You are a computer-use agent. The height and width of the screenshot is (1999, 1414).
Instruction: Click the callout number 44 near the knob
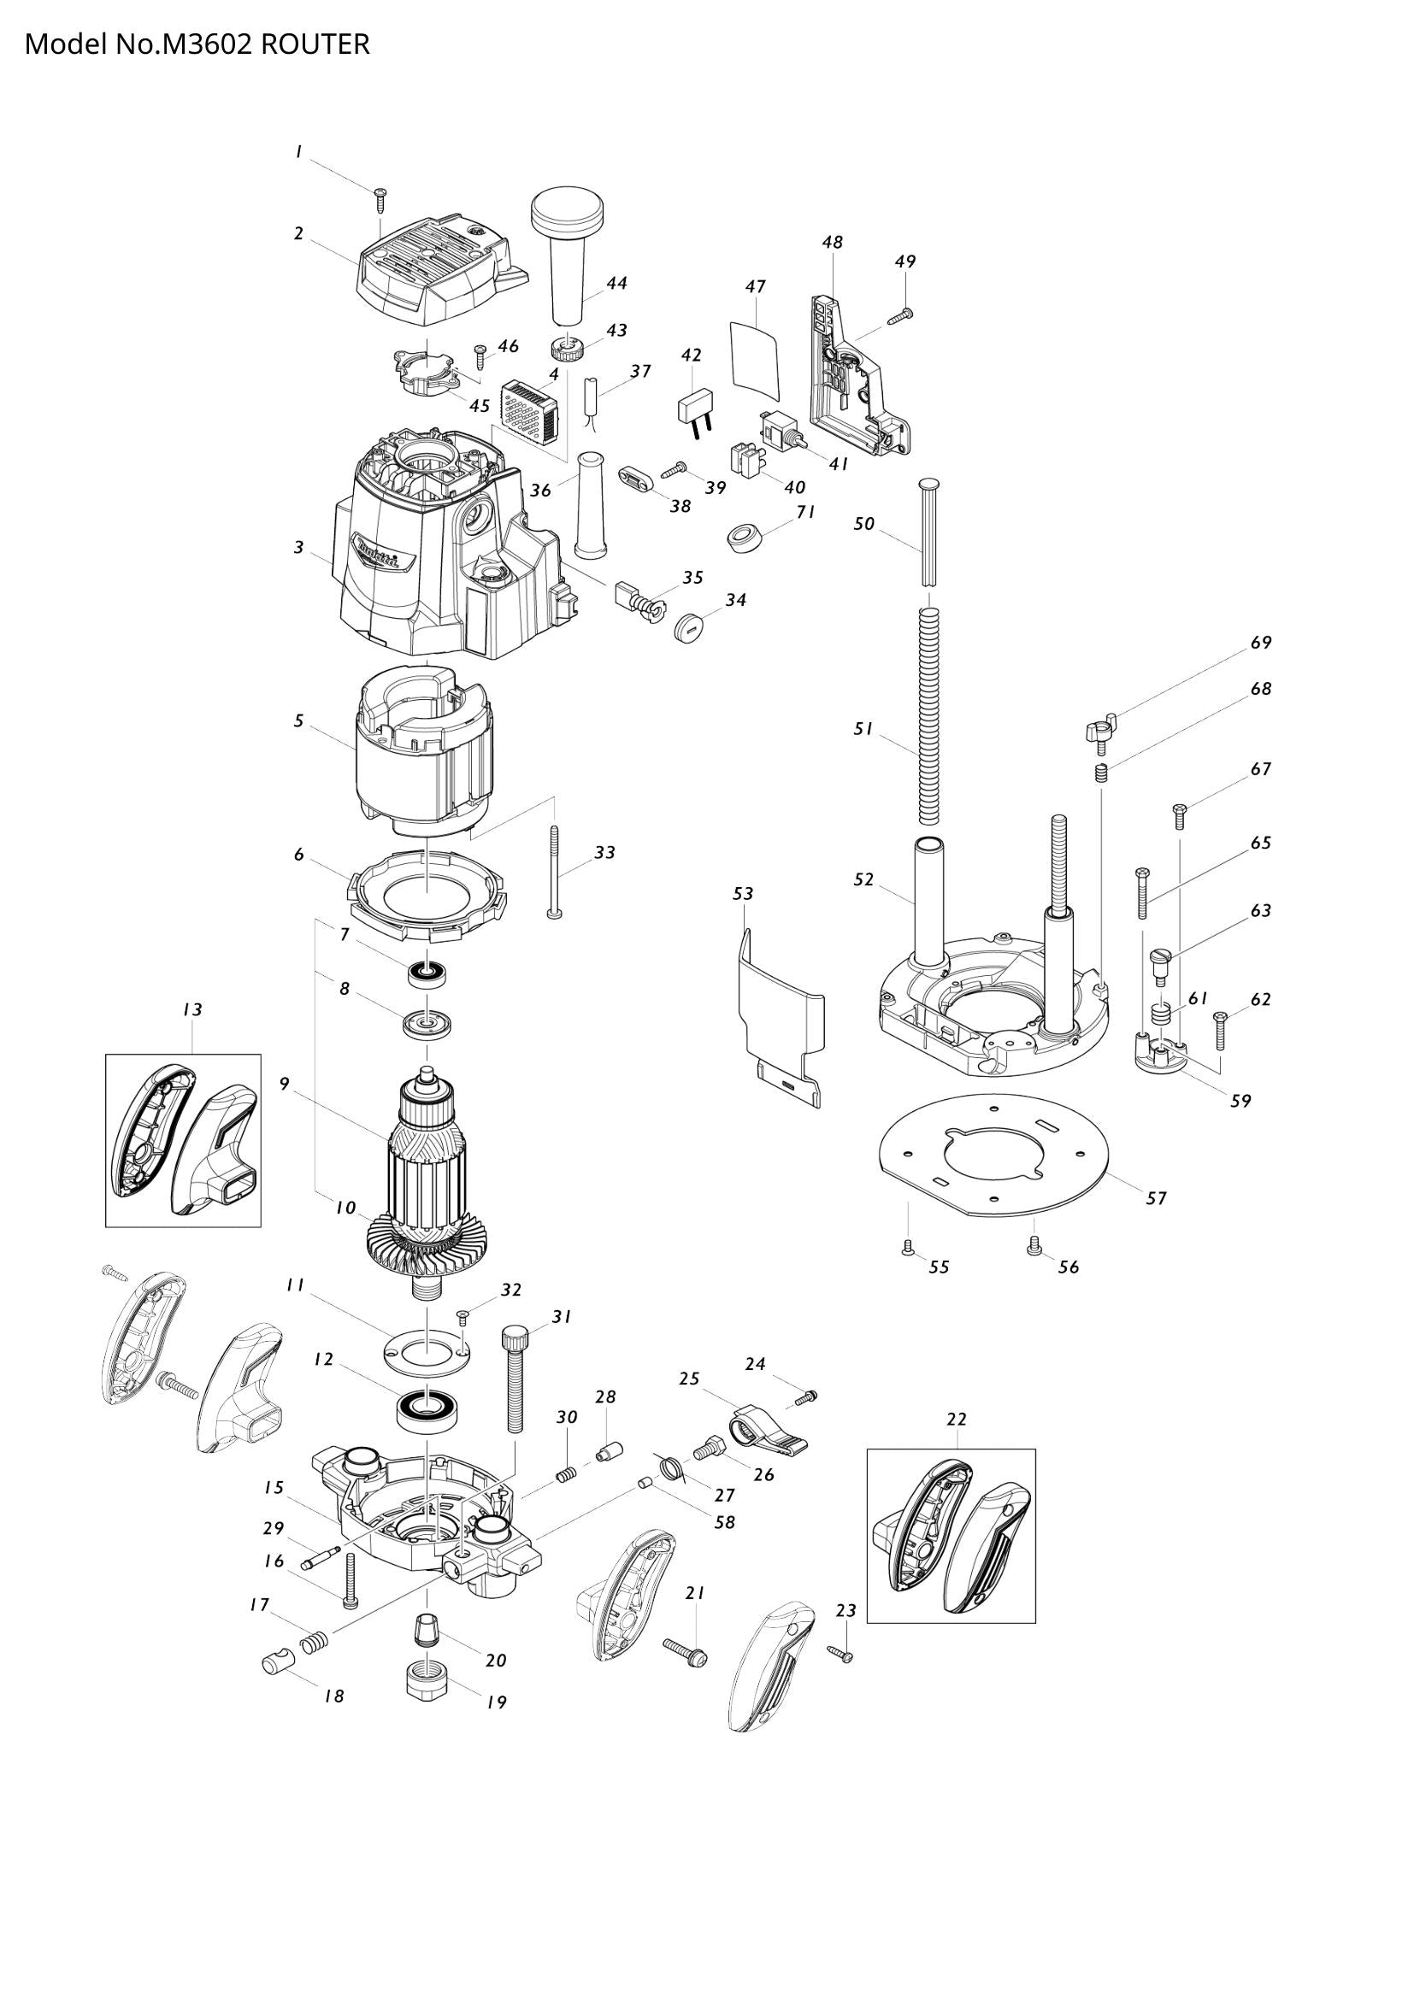pyautogui.click(x=616, y=283)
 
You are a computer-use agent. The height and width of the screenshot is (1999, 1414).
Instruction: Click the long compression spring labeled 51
pyautogui.click(x=931, y=714)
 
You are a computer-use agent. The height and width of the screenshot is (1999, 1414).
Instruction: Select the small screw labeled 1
pyautogui.click(x=380, y=199)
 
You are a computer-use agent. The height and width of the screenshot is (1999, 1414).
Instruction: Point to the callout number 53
pyautogui.click(x=743, y=893)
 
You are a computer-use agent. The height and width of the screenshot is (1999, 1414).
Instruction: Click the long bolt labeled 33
pyautogui.click(x=555, y=871)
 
